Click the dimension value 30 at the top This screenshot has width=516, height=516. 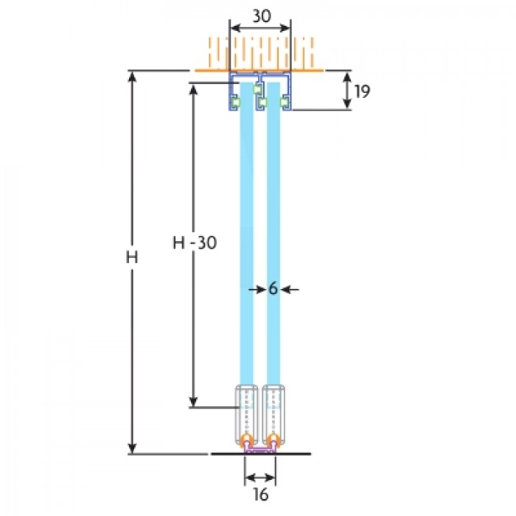(262, 15)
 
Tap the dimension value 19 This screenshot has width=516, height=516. (362, 91)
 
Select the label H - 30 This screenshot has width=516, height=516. (195, 243)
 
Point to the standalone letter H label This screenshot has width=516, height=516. (132, 257)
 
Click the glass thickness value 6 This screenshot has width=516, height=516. (273, 289)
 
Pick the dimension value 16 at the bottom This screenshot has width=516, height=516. (261, 494)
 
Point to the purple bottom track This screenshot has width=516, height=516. (259, 449)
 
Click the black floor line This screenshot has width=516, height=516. (261, 454)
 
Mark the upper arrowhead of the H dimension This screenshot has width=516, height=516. (132, 77)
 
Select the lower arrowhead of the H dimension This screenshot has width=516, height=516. (132, 448)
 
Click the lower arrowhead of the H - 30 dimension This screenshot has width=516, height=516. (193, 402)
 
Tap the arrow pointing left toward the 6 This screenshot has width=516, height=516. (290, 290)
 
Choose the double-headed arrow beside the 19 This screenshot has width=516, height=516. (347, 91)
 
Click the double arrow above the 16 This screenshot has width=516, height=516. (260, 477)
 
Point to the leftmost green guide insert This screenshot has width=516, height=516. (236, 102)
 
